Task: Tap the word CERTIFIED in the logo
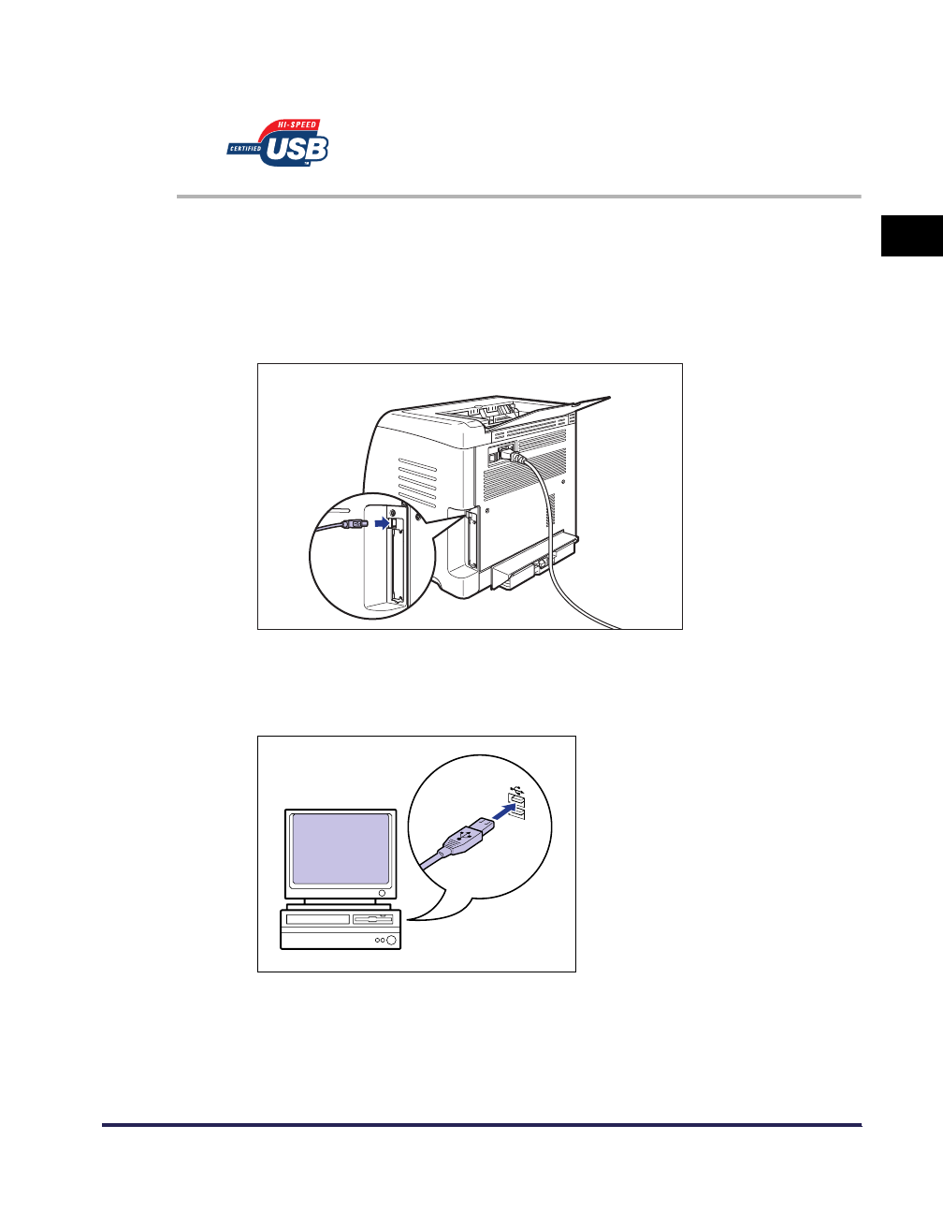pos(245,148)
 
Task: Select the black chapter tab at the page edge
pos(911,235)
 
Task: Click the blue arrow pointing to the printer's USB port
pos(379,524)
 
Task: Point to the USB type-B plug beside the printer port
pos(353,525)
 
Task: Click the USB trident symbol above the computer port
pos(515,791)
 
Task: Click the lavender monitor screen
pos(341,849)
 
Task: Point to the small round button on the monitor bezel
pos(382,893)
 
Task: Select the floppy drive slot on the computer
pos(372,920)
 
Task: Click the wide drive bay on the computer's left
pos(317,920)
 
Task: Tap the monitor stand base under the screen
pos(341,906)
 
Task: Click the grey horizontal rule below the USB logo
pos(518,197)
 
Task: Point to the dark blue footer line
pos(481,1125)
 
